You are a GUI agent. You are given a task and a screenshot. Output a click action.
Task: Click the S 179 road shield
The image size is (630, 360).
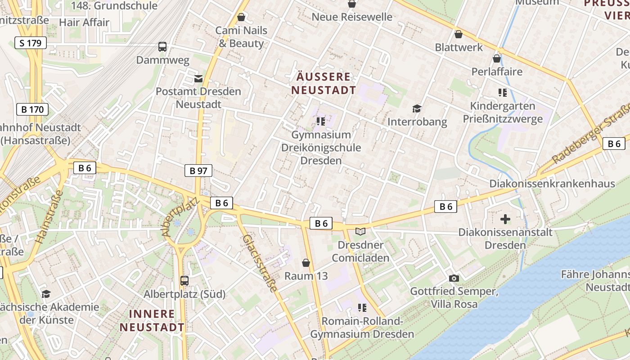31,43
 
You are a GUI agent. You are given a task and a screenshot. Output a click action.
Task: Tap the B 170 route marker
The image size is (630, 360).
32,109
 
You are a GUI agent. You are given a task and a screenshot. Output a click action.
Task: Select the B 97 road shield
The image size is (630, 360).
198,171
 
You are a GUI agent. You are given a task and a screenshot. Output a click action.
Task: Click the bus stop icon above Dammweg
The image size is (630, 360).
162,46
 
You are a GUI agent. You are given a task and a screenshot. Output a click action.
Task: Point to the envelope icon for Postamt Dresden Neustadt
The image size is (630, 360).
198,79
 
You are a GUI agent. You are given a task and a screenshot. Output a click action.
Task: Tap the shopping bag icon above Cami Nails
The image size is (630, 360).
241,18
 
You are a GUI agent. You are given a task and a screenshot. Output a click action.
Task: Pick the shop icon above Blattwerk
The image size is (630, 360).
459,34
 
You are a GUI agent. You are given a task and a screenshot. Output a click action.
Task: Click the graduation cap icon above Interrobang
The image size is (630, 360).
417,108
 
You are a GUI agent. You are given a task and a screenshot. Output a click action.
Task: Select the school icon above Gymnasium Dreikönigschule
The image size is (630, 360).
320,121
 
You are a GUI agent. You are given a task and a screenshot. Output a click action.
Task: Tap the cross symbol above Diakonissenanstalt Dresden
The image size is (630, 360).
505,219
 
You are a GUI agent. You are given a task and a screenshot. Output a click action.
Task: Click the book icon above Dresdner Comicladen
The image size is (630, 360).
360,231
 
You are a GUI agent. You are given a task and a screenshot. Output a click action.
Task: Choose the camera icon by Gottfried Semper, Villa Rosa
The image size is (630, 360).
454,278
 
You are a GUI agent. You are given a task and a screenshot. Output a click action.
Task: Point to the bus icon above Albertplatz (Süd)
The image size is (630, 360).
184,280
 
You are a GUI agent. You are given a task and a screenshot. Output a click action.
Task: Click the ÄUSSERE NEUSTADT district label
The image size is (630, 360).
324,83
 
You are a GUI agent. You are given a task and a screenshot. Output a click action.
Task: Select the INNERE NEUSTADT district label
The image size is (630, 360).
152,320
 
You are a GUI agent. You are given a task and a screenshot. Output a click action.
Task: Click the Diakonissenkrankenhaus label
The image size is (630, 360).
552,184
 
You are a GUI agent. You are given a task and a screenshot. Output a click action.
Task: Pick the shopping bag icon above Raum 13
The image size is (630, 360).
306,263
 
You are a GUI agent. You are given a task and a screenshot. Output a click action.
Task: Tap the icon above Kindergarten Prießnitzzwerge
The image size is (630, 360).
503,93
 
